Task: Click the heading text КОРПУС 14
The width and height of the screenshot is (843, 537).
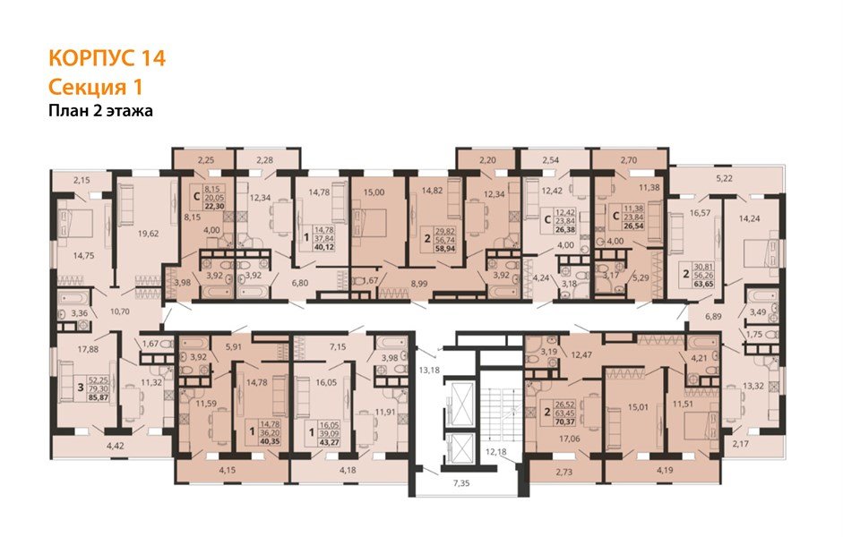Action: click(x=106, y=59)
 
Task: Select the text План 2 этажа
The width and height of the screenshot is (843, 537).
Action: click(x=100, y=111)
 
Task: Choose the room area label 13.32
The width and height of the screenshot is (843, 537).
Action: click(x=753, y=386)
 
